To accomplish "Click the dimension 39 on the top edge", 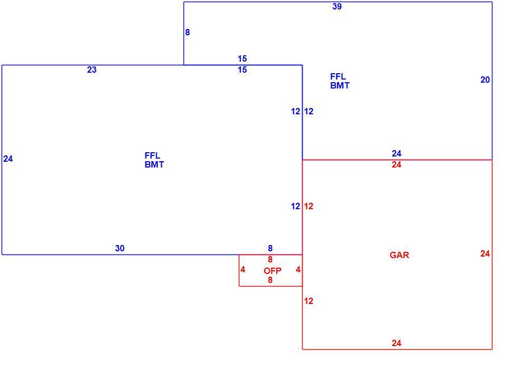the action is click(x=337, y=7).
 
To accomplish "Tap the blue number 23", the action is click(x=92, y=70).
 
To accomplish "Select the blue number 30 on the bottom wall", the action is click(x=120, y=248).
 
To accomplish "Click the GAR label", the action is click(x=399, y=255).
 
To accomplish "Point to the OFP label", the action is click(x=272, y=271).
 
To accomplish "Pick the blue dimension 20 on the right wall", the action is click(x=485, y=80).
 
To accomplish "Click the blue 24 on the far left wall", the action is click(x=8, y=159).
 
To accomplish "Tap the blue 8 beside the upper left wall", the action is click(x=187, y=32).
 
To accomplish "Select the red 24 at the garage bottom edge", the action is click(x=397, y=343).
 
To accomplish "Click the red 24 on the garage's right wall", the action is click(x=485, y=253).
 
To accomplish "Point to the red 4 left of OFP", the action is click(x=243, y=270).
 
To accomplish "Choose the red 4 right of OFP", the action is click(x=298, y=270).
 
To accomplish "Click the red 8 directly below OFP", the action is click(x=270, y=280).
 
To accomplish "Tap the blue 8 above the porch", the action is click(x=270, y=248).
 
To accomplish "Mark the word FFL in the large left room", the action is click(x=152, y=155).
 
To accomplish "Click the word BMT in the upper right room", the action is click(x=340, y=85).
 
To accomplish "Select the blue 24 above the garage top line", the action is click(x=397, y=153).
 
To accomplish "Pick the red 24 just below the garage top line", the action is click(x=397, y=165).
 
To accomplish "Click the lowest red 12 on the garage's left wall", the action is click(x=308, y=301).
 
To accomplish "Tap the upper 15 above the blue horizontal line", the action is click(x=243, y=59).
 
